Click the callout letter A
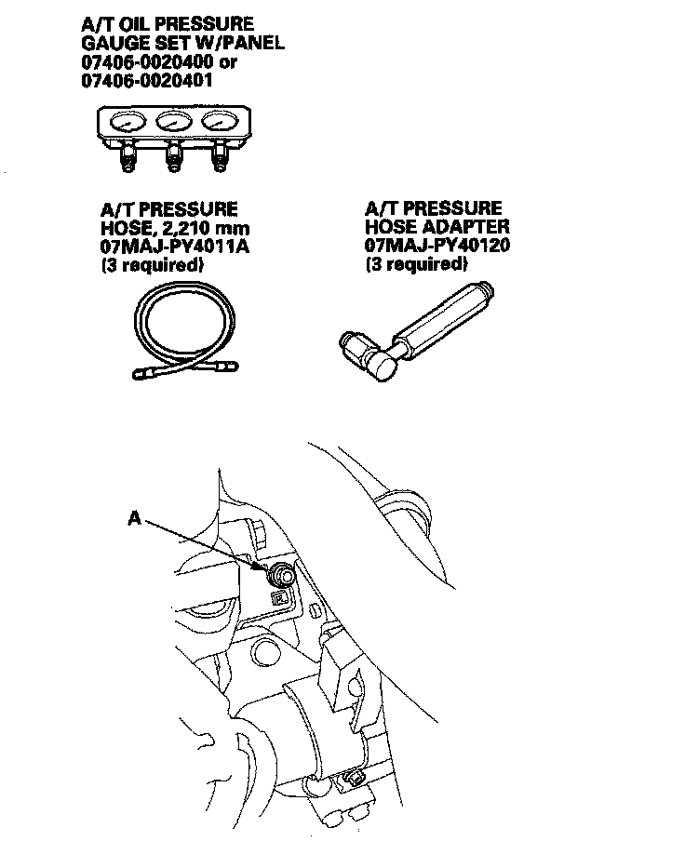[x=135, y=520]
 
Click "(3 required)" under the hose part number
[x=152, y=266]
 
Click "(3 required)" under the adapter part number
[x=416, y=265]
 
